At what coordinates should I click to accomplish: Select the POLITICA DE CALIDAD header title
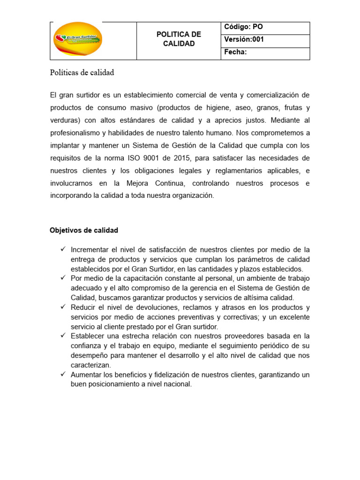tap(179, 39)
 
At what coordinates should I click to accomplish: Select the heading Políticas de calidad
tap(82, 73)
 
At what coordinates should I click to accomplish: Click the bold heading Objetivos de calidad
tap(84, 230)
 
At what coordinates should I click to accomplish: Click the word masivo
tap(134, 107)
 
